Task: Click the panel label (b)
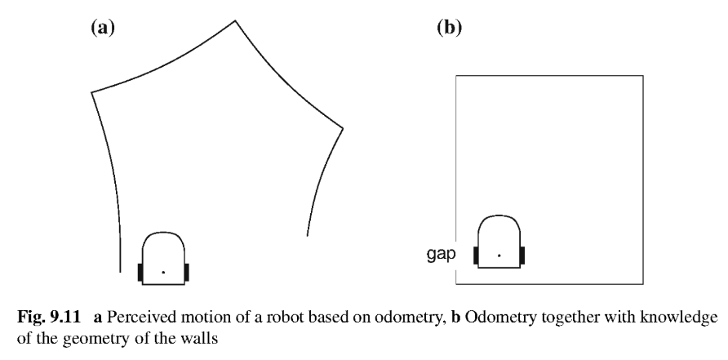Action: tap(450, 28)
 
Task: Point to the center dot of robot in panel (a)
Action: tap(163, 271)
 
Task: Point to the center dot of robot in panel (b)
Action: tap(499, 256)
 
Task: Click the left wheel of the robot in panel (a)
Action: tap(140, 272)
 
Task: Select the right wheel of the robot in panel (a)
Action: tap(187, 272)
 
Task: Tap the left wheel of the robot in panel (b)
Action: tap(476, 256)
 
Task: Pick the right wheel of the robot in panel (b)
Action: tap(522, 256)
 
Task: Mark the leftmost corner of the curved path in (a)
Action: tap(91, 91)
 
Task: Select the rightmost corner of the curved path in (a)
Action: tap(342, 128)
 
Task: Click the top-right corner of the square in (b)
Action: tap(649, 75)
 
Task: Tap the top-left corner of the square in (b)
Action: tap(455, 75)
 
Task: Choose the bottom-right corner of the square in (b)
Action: tap(649, 284)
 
